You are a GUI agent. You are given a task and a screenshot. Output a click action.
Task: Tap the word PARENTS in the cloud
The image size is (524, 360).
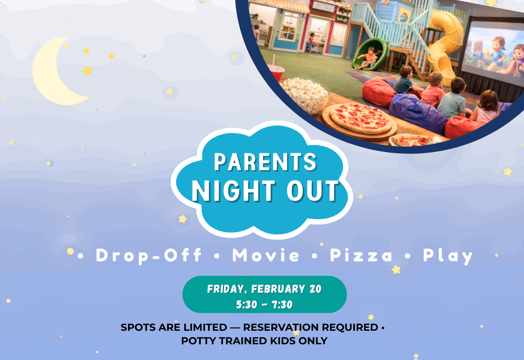(x=265, y=162)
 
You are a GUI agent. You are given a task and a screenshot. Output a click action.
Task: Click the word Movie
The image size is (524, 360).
(x=266, y=256)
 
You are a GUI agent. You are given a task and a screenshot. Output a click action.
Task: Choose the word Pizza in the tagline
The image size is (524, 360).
(x=361, y=256)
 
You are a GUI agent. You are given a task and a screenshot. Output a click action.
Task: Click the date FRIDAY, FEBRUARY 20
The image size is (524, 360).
(x=264, y=289)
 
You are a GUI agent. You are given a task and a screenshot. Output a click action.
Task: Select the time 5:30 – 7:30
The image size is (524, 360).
(x=264, y=305)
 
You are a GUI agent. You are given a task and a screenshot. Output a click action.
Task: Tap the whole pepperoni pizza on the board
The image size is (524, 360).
(x=361, y=118)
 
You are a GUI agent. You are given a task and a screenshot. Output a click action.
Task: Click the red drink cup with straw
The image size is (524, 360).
(x=276, y=72)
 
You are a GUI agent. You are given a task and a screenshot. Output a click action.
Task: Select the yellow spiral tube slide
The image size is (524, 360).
(x=445, y=44)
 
